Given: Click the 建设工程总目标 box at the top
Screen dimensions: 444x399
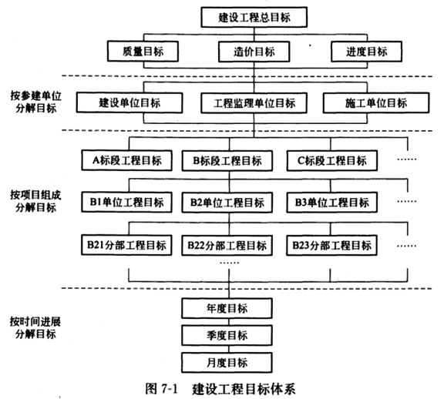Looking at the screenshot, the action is tap(254, 17).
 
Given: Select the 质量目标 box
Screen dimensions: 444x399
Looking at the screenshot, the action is tap(143, 51).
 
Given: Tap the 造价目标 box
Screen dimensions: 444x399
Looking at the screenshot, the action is tap(254, 52).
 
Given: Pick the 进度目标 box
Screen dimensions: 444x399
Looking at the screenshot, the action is tap(366, 51).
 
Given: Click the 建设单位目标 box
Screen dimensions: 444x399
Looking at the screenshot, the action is tap(129, 102).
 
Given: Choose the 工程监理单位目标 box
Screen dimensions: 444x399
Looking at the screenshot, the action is tap(254, 103).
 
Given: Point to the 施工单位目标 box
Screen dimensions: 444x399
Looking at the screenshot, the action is tap(376, 102).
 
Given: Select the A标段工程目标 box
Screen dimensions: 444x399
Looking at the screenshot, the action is tap(126, 160).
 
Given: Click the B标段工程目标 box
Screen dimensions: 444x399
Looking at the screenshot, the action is tap(227, 161).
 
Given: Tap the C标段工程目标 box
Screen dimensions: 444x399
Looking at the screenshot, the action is tap(332, 161).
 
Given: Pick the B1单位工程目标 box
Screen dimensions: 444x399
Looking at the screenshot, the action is tap(126, 202).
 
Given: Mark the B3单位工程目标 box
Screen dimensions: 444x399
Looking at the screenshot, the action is tap(332, 203).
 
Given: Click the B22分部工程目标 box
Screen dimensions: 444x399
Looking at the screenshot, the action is tap(227, 246).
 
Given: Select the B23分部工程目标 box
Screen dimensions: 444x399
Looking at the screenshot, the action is tap(331, 246).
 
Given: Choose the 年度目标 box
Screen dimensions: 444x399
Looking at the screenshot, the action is tap(227, 308).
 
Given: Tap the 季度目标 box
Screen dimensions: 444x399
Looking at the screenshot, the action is tap(227, 335).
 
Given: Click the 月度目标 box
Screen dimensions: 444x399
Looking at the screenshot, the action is tap(227, 363).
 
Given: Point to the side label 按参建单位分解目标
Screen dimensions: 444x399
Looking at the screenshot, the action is tap(36, 102).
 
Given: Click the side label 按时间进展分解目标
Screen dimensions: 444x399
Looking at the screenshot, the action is tap(35, 327).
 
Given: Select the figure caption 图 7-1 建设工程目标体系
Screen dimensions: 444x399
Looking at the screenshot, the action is tap(220, 388).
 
